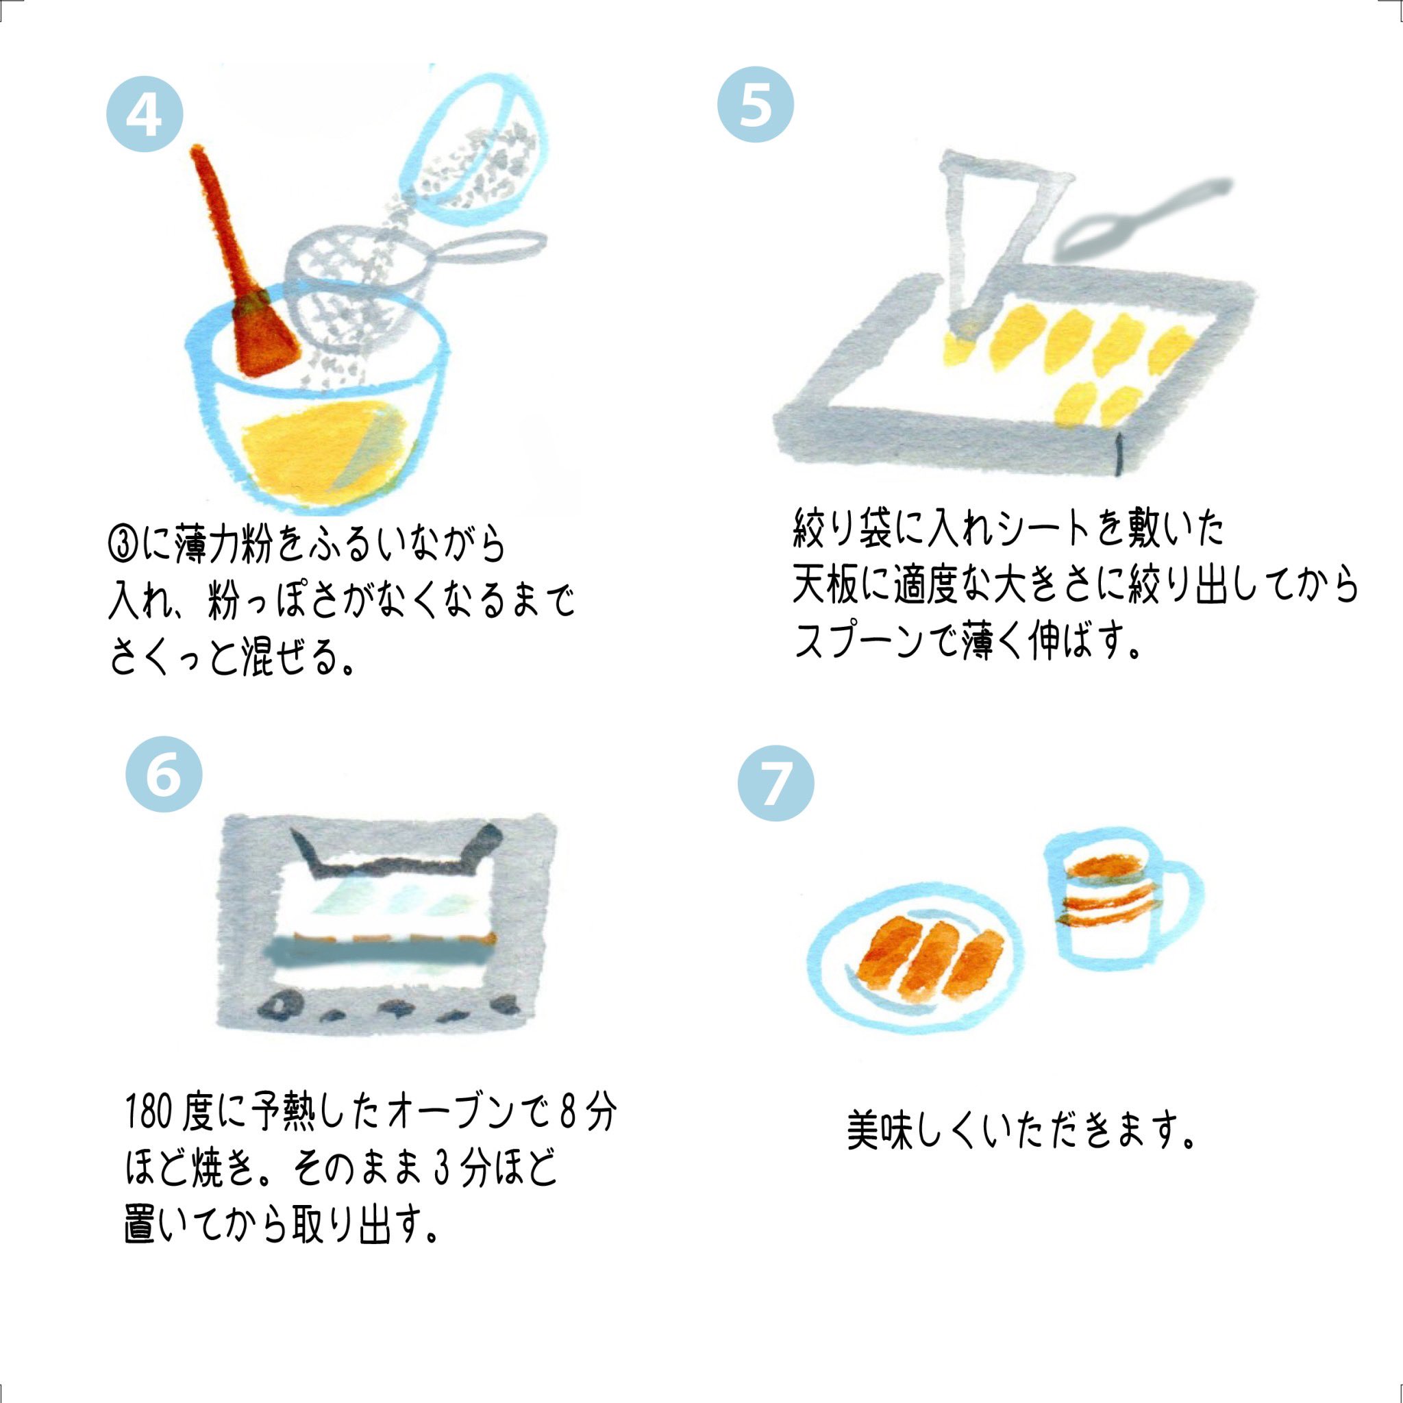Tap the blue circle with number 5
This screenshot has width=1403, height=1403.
click(755, 106)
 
